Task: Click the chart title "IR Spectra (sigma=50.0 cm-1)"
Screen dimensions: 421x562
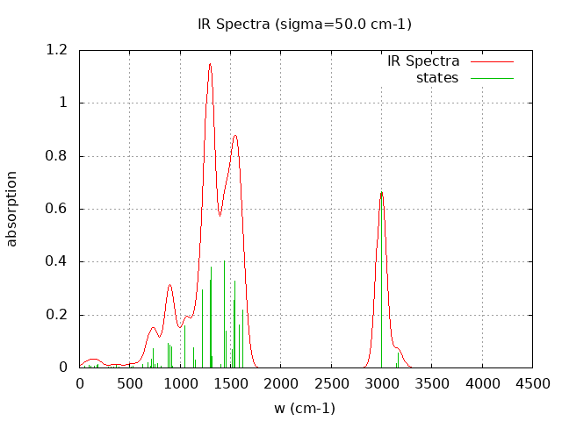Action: tap(305, 24)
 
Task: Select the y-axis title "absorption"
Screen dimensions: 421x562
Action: tap(12, 209)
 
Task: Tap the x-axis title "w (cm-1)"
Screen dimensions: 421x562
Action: tap(305, 408)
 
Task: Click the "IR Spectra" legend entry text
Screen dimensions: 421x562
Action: tap(423, 61)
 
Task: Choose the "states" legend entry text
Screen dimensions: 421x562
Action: tap(437, 78)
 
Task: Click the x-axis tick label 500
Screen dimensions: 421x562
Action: tap(130, 383)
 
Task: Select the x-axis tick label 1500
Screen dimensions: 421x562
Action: tap(231, 383)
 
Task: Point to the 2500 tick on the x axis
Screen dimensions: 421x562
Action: tap(331, 383)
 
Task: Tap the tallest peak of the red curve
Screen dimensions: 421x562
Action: tap(210, 63)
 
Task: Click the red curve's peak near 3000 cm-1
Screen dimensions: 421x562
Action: tap(381, 192)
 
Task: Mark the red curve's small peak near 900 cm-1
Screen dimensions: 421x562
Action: tap(170, 285)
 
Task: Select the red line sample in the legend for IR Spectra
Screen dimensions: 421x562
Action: tap(491, 61)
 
